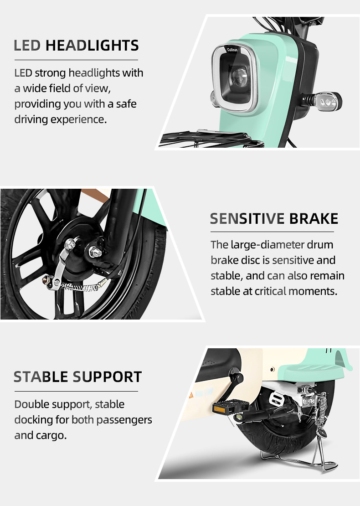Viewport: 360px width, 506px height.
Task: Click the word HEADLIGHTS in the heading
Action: coord(92,46)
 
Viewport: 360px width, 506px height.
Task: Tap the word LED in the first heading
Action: coord(28,46)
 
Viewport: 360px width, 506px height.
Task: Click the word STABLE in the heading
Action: coord(41,377)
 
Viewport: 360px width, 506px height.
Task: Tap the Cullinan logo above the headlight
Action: coord(234,52)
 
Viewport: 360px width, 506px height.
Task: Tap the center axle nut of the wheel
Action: coord(96,250)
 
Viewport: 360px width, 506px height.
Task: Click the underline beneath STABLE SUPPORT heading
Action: coord(76,391)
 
